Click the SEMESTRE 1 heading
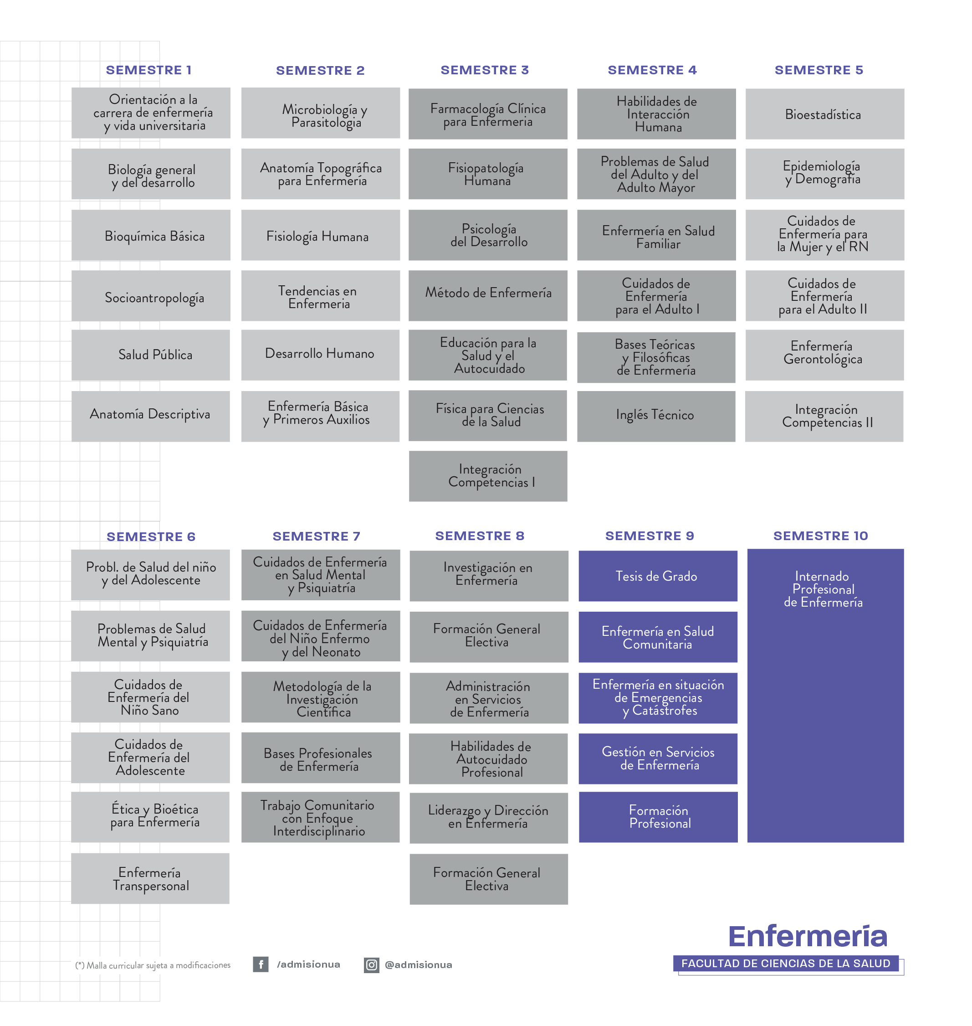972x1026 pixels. [148, 70]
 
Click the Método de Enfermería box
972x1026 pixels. [487, 295]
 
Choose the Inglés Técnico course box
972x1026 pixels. [656, 416]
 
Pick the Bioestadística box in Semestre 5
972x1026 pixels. [825, 114]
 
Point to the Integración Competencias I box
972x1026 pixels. [488, 476]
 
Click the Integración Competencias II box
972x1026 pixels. [824, 416]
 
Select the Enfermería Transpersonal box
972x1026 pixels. [150, 878]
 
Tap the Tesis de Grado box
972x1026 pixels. [658, 576]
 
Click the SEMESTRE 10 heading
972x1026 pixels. [821, 536]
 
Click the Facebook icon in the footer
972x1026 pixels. [261, 964]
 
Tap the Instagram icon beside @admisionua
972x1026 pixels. [372, 965]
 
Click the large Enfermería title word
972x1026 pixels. [808, 936]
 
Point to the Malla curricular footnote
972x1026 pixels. [153, 965]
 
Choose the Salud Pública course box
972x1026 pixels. [151, 355]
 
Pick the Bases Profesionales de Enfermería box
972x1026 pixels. [321, 758]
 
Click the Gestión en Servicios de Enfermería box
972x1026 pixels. [658, 758]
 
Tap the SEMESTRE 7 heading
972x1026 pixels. [317, 536]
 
